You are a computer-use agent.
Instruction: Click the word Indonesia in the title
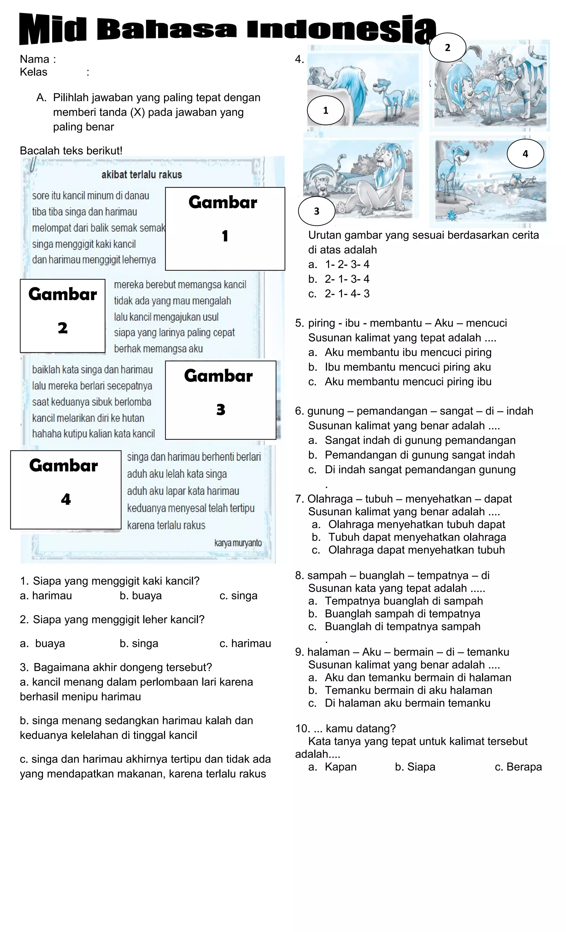pyautogui.click(x=340, y=30)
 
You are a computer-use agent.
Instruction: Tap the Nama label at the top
pyautogui.click(x=35, y=59)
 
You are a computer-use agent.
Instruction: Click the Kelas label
pyautogui.click(x=34, y=72)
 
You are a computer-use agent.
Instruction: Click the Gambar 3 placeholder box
pyautogui.click(x=221, y=400)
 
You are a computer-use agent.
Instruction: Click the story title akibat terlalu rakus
pyautogui.click(x=141, y=175)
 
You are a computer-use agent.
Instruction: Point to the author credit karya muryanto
pyautogui.click(x=238, y=543)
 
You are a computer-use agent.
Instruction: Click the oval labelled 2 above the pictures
pyautogui.click(x=448, y=48)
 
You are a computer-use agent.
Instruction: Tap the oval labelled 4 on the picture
pyautogui.click(x=525, y=154)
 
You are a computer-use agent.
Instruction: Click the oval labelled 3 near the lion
pyautogui.click(x=317, y=211)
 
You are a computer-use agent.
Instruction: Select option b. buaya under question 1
pyautogui.click(x=141, y=596)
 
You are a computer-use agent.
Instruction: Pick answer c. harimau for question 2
pyautogui.click(x=245, y=644)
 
